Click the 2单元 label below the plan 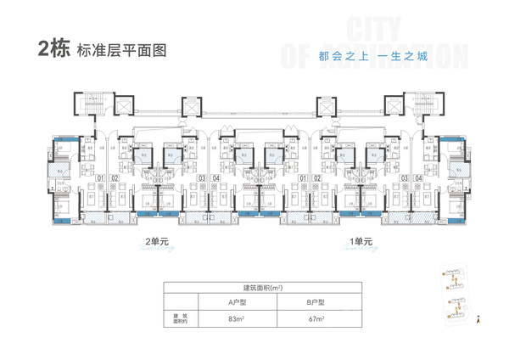pos(158,240)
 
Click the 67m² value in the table pos(317,318)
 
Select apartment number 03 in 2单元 pos(202,178)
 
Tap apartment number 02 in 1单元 pos(316,178)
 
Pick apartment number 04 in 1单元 pos(419,178)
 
